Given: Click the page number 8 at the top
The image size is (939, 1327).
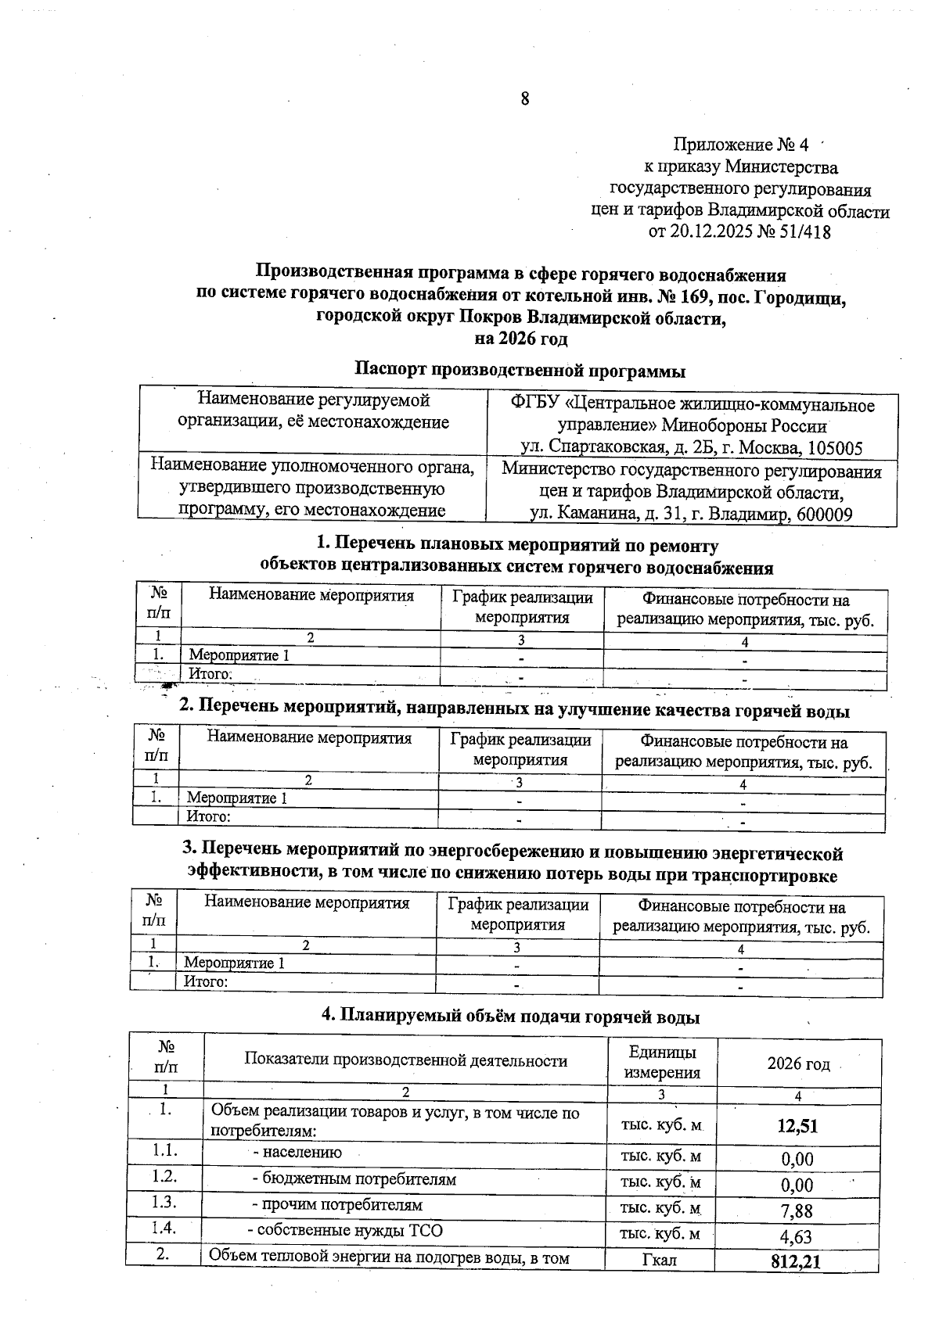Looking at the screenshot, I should coord(524,99).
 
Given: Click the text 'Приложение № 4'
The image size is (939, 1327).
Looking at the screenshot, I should coord(739,145).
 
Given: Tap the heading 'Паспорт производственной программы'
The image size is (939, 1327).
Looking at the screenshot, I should coord(520,369).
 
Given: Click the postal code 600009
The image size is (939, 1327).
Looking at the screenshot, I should coord(821,515).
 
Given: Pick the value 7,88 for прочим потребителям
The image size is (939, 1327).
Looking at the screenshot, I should coord(797,1210).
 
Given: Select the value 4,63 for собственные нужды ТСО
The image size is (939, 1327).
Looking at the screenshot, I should coord(797,1237).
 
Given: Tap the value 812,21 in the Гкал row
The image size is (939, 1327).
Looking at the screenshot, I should coord(794,1261).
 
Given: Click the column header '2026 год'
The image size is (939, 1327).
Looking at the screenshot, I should coord(798,1063).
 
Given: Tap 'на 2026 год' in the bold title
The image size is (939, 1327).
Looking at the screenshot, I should coord(520,339).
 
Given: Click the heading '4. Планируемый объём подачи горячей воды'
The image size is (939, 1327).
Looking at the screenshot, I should coord(511,1017).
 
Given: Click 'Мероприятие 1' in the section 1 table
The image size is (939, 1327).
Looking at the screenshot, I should coord(239,655).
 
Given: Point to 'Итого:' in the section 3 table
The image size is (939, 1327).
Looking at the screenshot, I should coord(206,981).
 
